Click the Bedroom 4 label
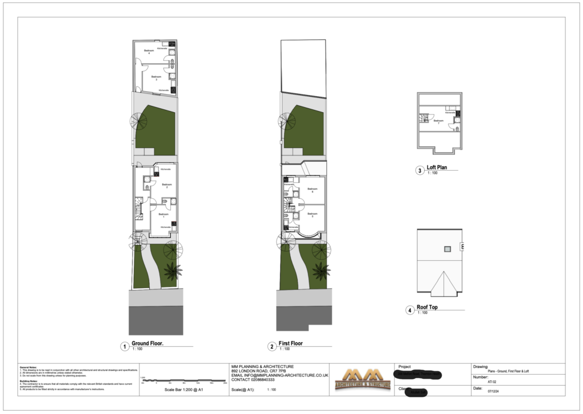point(149,52)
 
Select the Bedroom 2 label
point(166,186)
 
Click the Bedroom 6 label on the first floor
point(312,190)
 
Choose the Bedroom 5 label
point(312,215)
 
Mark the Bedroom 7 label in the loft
point(438,121)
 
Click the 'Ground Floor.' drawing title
point(147,344)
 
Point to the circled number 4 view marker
point(409,310)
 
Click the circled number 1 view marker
point(124,346)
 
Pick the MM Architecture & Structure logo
point(362,378)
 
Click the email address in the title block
point(280,375)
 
